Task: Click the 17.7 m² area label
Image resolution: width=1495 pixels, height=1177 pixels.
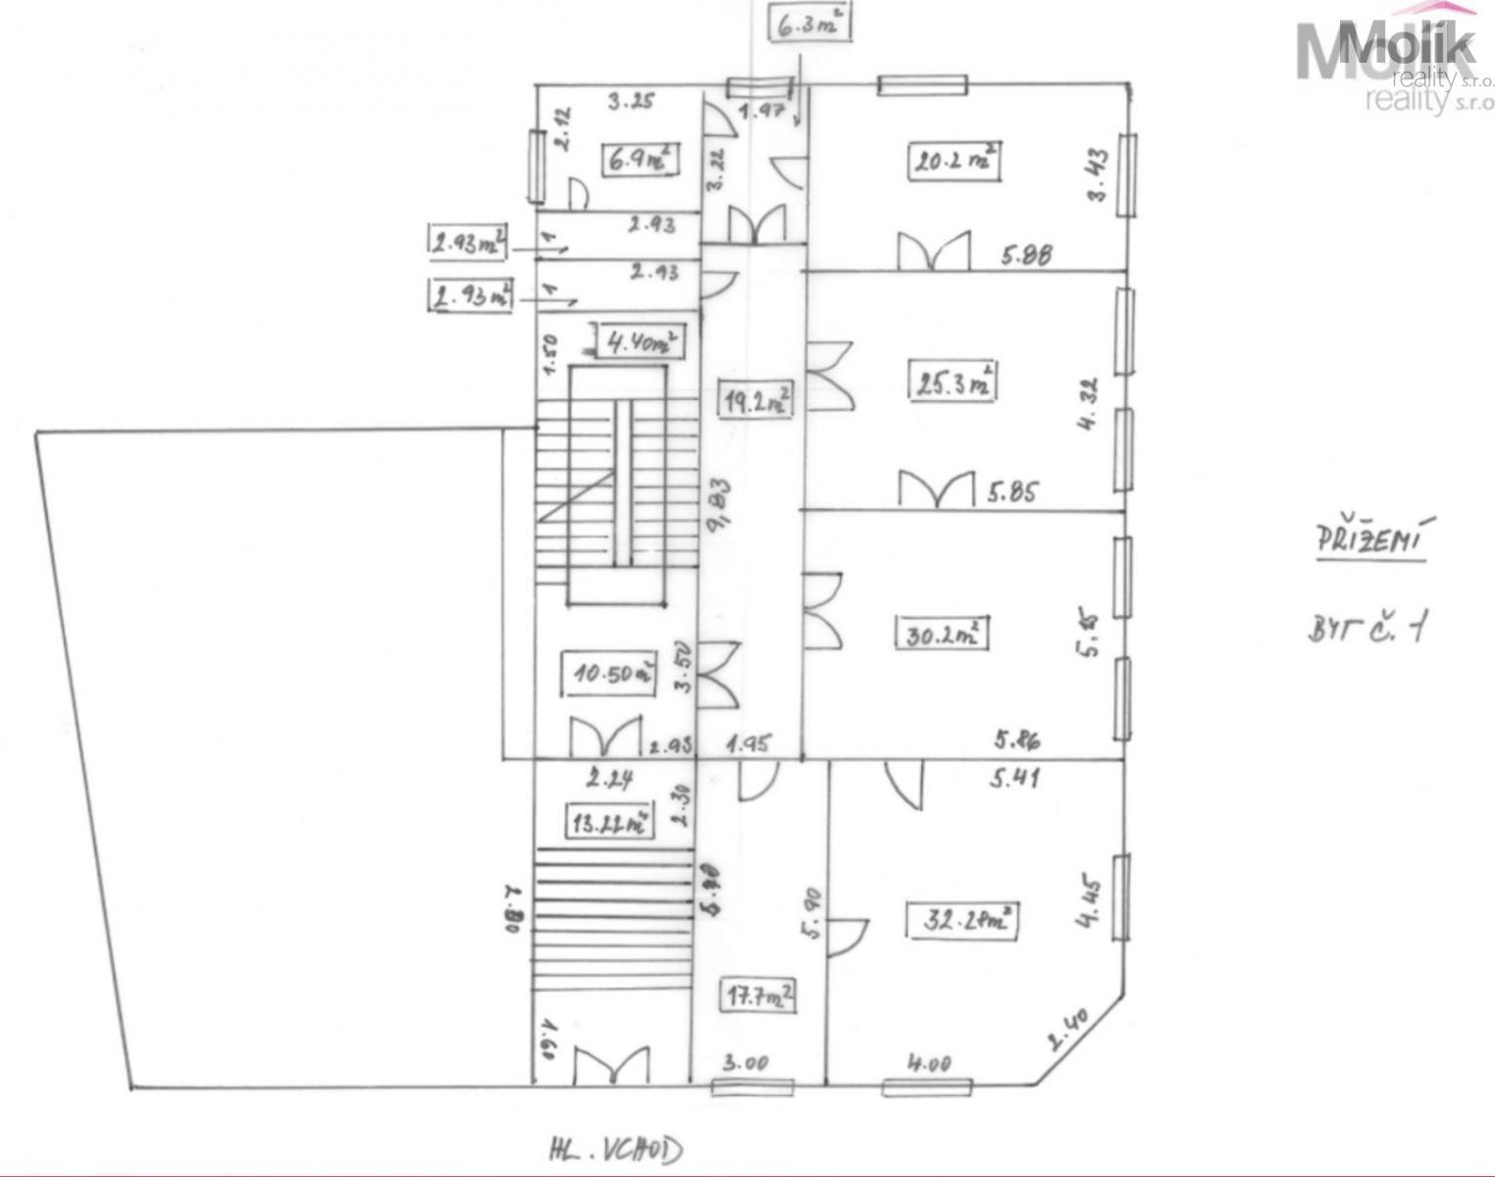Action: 759,997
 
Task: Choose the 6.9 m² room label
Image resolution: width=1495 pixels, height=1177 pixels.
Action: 640,159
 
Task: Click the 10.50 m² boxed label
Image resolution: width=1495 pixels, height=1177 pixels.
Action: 613,673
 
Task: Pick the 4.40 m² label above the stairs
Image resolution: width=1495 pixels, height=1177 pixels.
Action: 640,342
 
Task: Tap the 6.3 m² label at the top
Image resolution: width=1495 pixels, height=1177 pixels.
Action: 809,24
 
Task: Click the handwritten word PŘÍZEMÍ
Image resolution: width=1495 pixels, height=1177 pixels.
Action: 1371,540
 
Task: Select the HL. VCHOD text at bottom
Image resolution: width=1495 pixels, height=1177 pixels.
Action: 614,1149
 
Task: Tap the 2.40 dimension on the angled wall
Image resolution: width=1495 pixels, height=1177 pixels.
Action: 1069,1031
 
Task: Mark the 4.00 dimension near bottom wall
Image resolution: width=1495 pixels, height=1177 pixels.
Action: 928,1062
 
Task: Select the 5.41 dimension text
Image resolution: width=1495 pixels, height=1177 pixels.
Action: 1014,779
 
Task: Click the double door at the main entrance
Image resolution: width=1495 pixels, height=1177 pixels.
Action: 610,1066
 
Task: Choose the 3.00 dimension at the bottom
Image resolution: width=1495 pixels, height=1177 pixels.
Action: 747,1062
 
